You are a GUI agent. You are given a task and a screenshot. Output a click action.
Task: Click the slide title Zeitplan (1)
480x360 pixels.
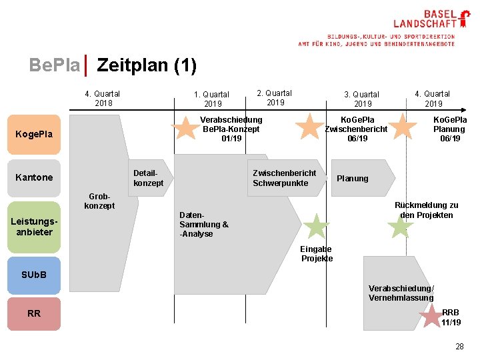[x=147, y=65]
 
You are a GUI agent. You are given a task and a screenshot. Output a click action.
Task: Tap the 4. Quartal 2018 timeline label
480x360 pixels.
[x=103, y=99]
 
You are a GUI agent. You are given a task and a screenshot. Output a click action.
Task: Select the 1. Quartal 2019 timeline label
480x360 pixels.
[x=211, y=99]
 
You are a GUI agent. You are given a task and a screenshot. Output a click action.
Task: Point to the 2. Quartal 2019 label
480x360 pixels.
[x=275, y=98]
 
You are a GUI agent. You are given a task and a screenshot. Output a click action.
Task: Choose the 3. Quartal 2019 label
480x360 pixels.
[x=361, y=99]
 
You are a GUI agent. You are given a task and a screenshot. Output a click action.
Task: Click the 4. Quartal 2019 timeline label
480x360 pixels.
[x=433, y=99]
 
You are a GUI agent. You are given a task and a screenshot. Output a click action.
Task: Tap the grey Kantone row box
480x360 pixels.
[x=34, y=177]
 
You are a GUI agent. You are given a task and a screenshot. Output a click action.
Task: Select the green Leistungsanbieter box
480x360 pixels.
[x=34, y=227]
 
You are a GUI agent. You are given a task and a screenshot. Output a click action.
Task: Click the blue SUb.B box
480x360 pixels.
[x=34, y=275]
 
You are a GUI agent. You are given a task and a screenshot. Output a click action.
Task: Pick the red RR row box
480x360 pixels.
[x=34, y=313]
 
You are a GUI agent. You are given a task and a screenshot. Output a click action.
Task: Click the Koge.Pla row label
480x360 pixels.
[x=34, y=135]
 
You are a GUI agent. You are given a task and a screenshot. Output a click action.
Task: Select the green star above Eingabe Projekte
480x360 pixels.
[x=316, y=227]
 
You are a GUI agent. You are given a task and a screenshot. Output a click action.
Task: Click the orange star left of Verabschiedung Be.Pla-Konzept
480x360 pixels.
[x=185, y=128]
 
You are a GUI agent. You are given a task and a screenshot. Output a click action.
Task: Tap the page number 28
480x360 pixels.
[x=459, y=347]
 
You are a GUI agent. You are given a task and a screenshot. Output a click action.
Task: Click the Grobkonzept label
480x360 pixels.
[x=99, y=201]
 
